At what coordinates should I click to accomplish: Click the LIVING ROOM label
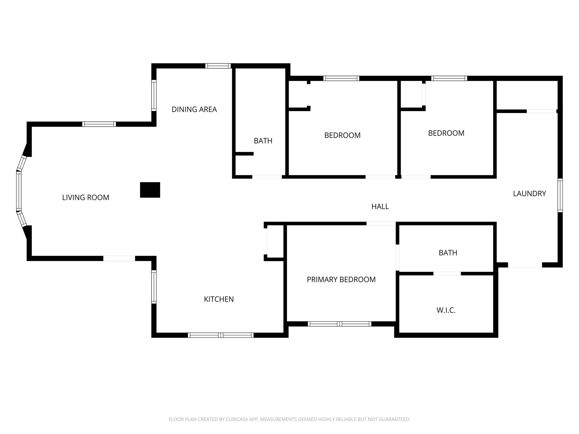tap(86, 198)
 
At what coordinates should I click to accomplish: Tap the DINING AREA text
tap(194, 109)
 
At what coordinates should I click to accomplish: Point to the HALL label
tap(380, 207)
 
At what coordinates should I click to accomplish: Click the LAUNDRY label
tap(529, 194)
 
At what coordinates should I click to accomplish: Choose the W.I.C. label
tap(446, 310)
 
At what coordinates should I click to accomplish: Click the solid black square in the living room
tap(150, 190)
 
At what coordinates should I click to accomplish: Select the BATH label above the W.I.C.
tap(448, 253)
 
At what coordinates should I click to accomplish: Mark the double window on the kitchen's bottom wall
tap(221, 335)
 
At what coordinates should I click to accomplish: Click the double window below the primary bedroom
tap(339, 324)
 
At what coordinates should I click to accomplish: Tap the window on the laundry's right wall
tap(560, 195)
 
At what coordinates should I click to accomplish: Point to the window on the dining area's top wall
tap(218, 66)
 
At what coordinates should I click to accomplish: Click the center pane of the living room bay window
tap(19, 191)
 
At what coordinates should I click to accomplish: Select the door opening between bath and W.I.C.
tap(447, 274)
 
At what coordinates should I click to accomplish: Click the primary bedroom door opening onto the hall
tap(381, 223)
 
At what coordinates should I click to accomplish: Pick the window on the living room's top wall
tap(99, 124)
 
